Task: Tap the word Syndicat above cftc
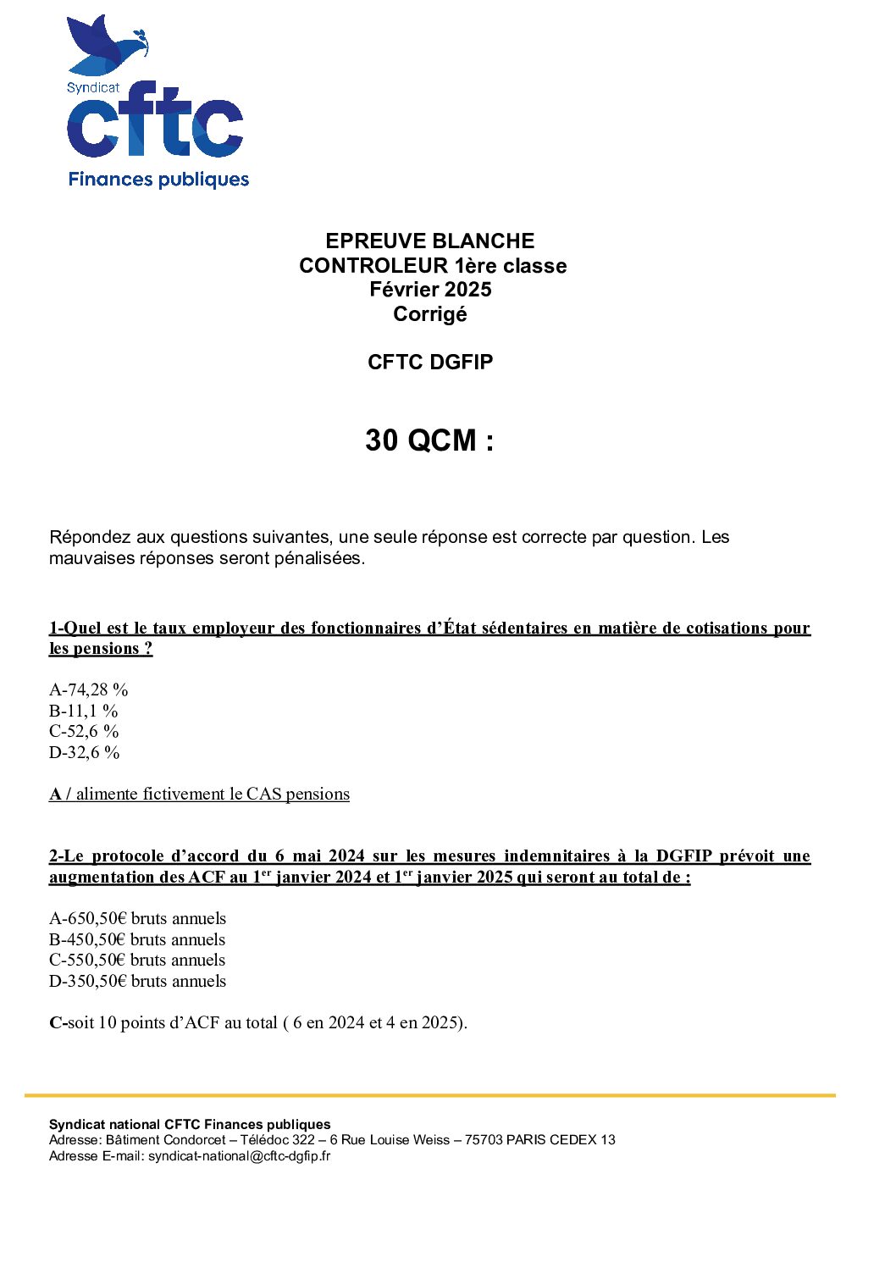click(x=93, y=87)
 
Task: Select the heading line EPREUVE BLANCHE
click(x=430, y=241)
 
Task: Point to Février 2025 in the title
click(x=430, y=290)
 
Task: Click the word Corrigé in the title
click(x=430, y=314)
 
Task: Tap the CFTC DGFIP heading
click(x=430, y=363)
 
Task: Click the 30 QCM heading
click(x=429, y=440)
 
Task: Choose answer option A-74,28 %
click(x=89, y=690)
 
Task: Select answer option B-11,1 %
click(x=84, y=712)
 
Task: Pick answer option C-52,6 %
click(x=84, y=732)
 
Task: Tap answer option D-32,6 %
click(x=85, y=752)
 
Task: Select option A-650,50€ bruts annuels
click(x=138, y=919)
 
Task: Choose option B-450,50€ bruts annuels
click(x=138, y=940)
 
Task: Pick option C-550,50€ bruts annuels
click(x=138, y=961)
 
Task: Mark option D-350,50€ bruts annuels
click(x=138, y=982)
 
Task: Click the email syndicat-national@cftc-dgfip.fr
click(x=240, y=1156)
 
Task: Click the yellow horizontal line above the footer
click(x=430, y=1095)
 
